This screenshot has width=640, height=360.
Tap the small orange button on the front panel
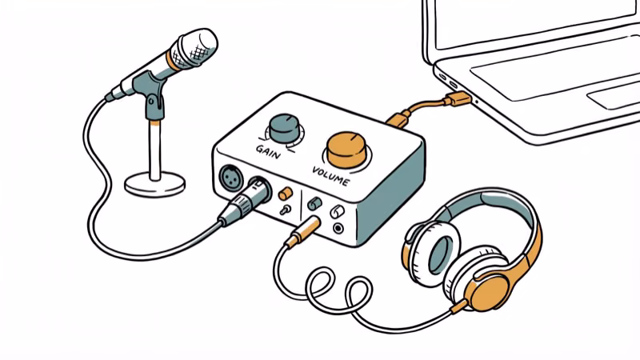284,193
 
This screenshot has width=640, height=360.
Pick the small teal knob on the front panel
314,203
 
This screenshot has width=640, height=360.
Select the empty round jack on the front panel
339,228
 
